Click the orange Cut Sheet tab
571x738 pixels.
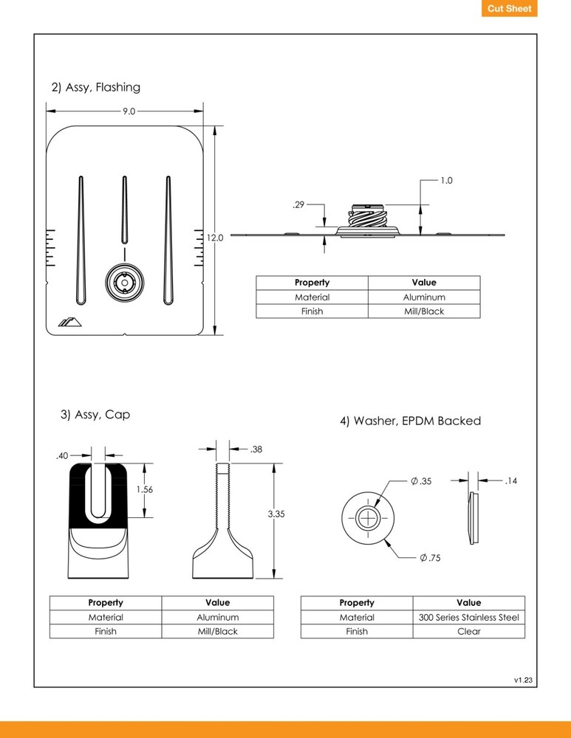(x=509, y=9)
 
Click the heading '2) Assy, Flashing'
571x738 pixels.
(x=95, y=87)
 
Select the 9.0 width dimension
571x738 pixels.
(x=128, y=111)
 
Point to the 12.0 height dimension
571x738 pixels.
(x=215, y=238)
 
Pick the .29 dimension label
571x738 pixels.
(x=298, y=205)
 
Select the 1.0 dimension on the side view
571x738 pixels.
(x=445, y=180)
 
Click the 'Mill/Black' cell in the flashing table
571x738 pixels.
(x=423, y=311)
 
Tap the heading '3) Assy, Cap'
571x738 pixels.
(x=95, y=415)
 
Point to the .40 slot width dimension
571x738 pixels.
(x=61, y=456)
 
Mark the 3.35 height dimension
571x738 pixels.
(x=276, y=514)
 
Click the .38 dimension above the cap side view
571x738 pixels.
(x=256, y=449)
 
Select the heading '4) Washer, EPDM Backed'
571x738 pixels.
(x=410, y=421)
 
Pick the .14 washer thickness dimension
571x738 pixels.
(x=510, y=481)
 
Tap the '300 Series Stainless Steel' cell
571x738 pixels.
(x=468, y=617)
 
